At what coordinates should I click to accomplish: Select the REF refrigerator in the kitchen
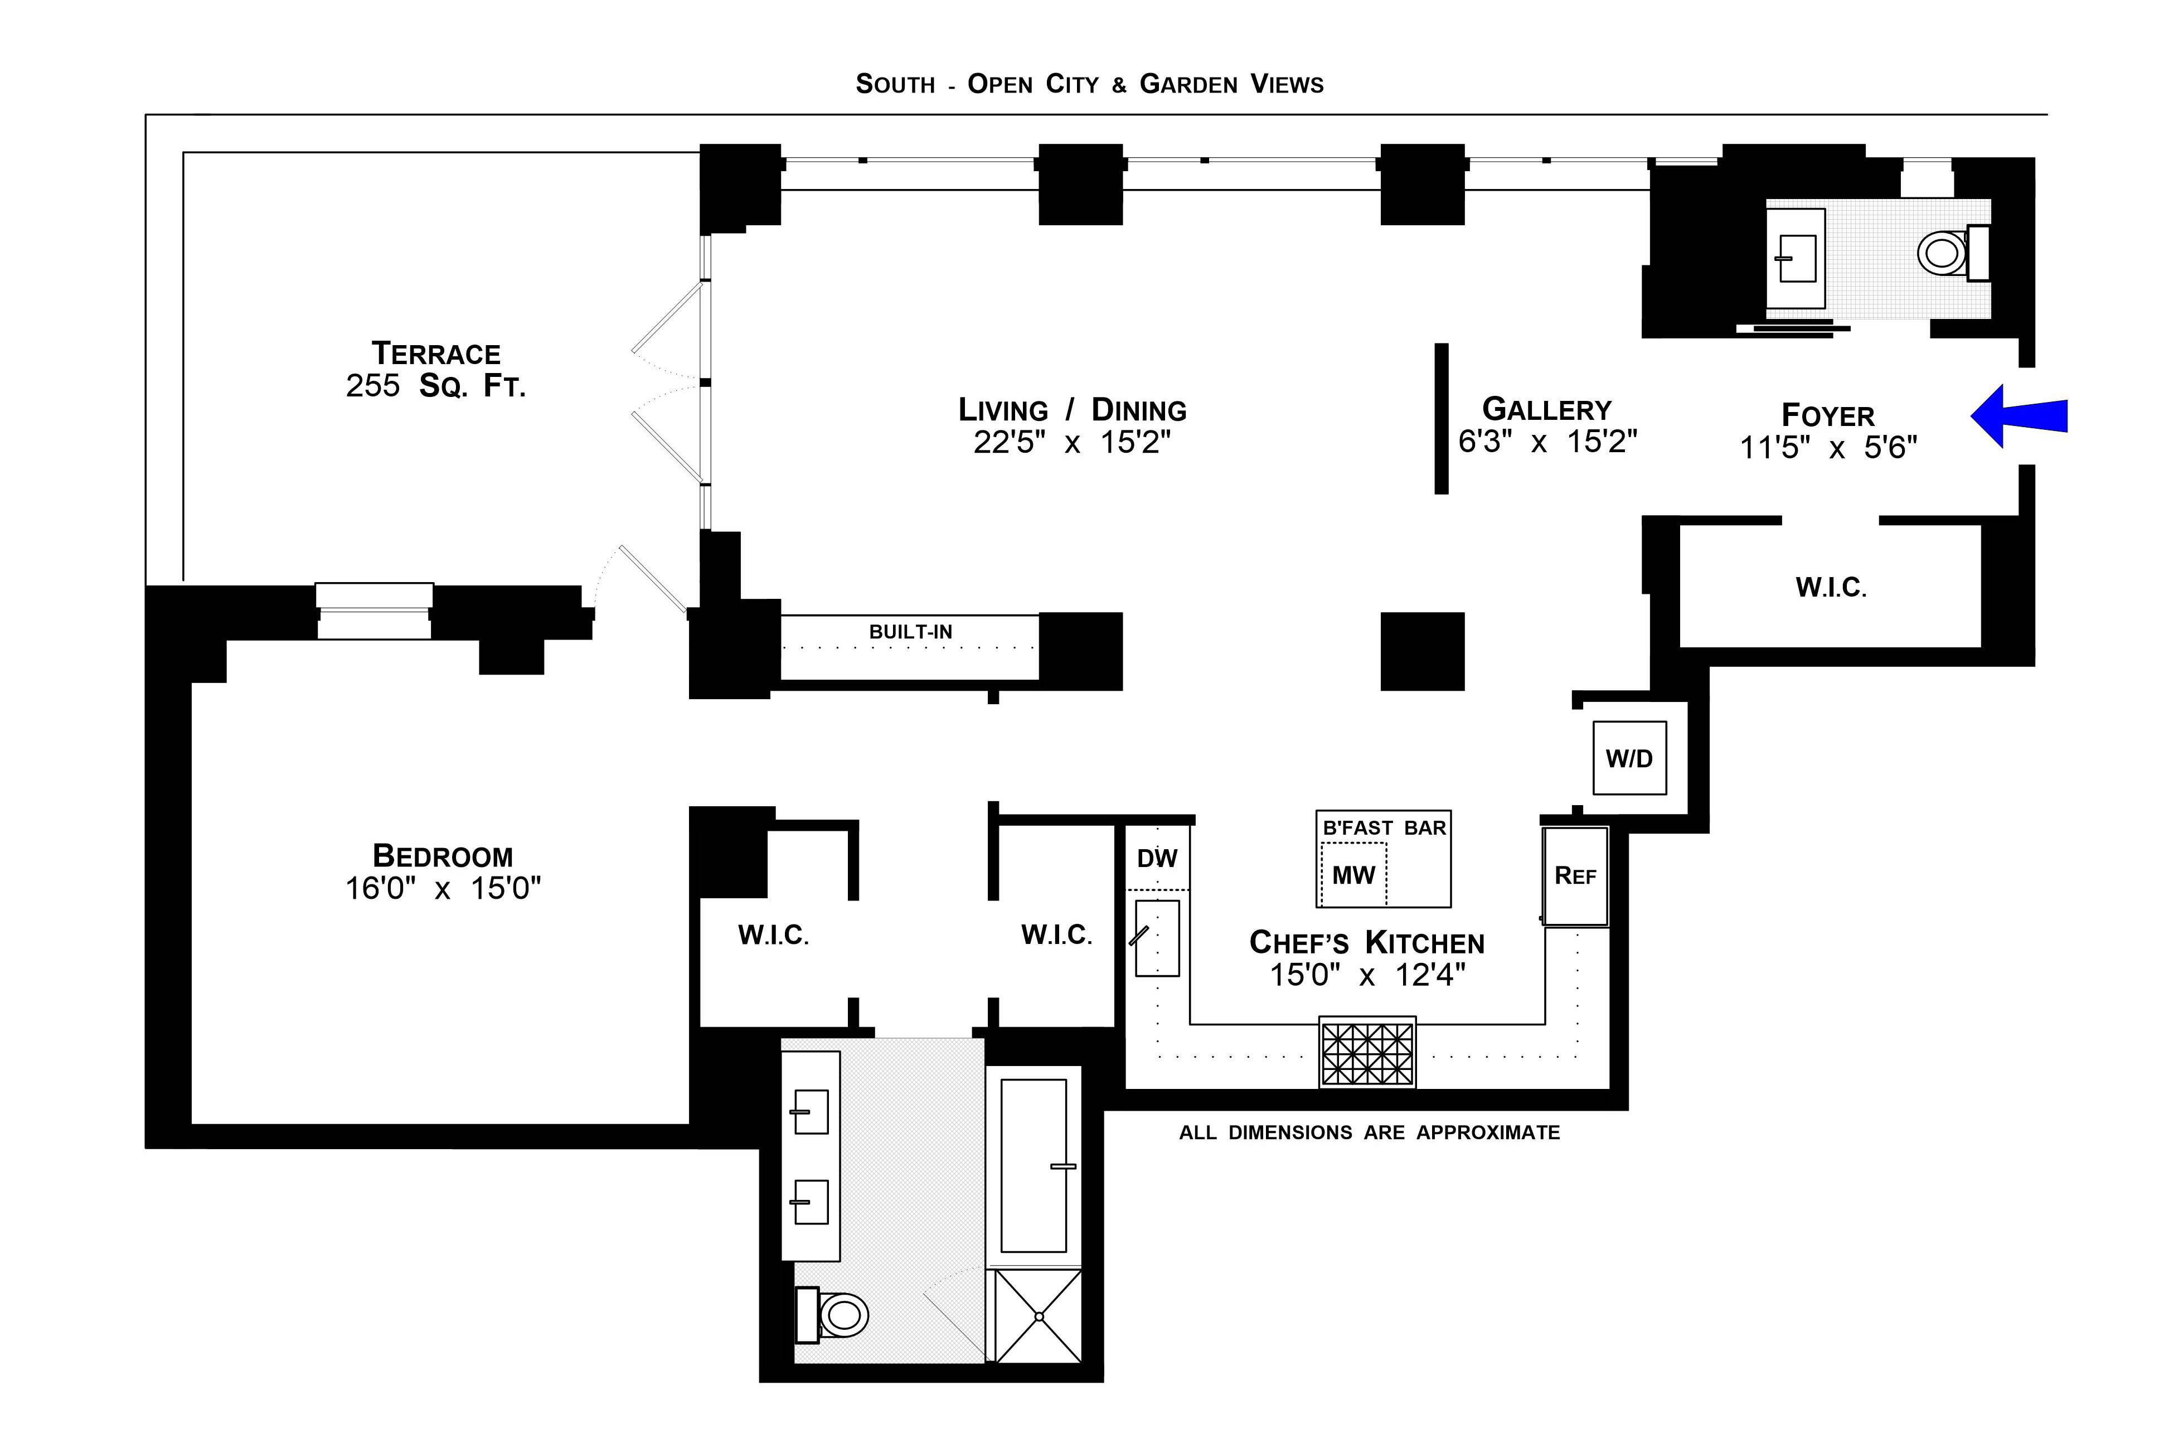tap(1575, 875)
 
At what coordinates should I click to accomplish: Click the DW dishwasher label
tap(1157, 859)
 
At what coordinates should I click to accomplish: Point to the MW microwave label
tap(1353, 875)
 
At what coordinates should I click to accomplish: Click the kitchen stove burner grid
tap(1367, 1053)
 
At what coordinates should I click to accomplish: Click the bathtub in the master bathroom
tap(1034, 1165)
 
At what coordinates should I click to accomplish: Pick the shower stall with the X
tap(1039, 1316)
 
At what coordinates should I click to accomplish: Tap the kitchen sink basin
tap(1157, 938)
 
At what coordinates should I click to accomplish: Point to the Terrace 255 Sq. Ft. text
tap(436, 369)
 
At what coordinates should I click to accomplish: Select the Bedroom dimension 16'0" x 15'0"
tap(443, 888)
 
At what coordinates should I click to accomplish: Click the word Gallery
tap(1547, 409)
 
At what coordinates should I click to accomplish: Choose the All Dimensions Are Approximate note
tap(1369, 1133)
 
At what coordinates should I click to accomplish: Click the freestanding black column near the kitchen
tap(1421, 651)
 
